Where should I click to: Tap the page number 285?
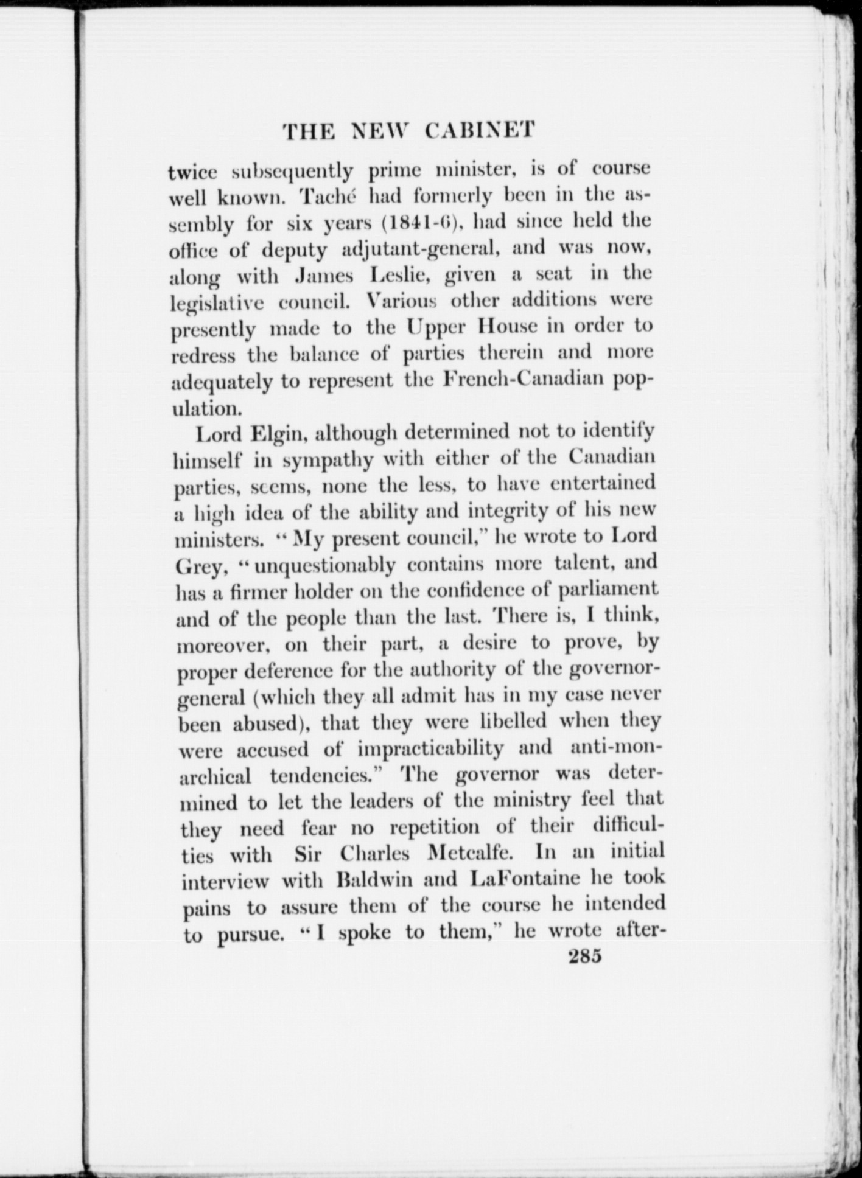pos(584,957)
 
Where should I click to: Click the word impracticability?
pos(430,748)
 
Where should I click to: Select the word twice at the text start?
pos(192,172)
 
